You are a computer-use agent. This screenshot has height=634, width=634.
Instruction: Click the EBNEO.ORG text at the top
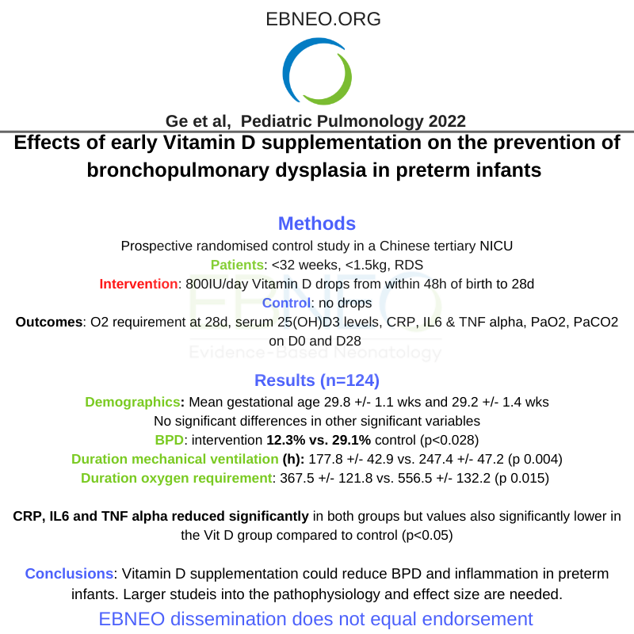pos(317,18)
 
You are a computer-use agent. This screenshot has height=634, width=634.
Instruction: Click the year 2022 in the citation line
pos(447,121)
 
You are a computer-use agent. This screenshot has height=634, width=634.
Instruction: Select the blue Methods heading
pos(317,223)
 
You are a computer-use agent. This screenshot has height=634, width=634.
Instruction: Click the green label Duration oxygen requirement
pos(177,478)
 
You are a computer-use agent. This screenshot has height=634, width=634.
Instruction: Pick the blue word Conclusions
pos(67,574)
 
